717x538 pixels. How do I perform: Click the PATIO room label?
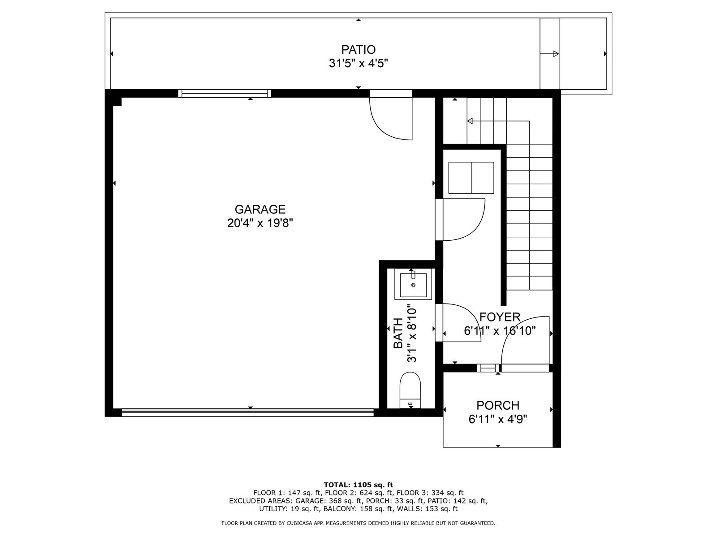point(358,50)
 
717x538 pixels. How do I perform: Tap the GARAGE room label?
point(260,209)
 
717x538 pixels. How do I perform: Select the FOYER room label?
point(500,317)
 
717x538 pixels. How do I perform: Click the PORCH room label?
point(498,405)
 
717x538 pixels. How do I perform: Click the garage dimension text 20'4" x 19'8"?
point(260,223)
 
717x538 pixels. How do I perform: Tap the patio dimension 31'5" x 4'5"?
point(358,63)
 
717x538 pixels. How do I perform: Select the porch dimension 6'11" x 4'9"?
point(498,419)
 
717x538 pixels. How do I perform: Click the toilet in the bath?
point(410,390)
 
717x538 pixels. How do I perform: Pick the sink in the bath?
point(413,284)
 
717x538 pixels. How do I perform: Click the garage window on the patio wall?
point(225,93)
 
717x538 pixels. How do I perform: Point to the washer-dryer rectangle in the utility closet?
point(471,178)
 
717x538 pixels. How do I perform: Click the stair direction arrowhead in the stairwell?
point(470,121)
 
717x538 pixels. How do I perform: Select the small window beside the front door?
point(488,368)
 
